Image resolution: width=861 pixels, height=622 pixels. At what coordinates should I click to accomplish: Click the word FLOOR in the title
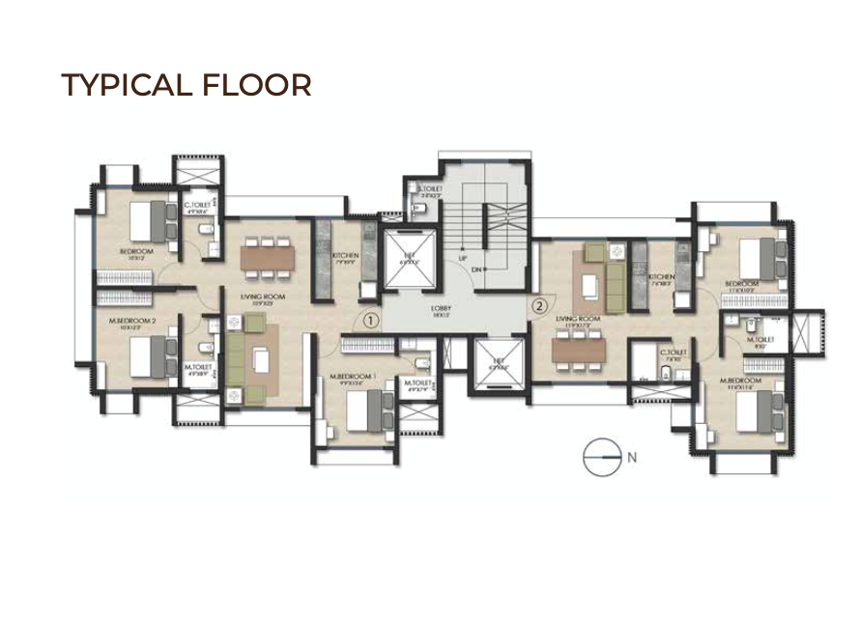[258, 85]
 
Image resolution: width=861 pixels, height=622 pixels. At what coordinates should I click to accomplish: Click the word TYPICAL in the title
[128, 85]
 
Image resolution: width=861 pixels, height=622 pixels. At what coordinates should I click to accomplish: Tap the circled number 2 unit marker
[539, 305]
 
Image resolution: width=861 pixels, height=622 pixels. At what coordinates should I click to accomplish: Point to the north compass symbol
[600, 458]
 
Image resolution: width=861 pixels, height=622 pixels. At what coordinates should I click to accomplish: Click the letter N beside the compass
[632, 459]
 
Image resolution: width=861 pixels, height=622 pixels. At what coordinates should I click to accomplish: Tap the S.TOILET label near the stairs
[429, 189]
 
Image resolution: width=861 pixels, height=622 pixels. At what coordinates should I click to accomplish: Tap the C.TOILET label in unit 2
[673, 353]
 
